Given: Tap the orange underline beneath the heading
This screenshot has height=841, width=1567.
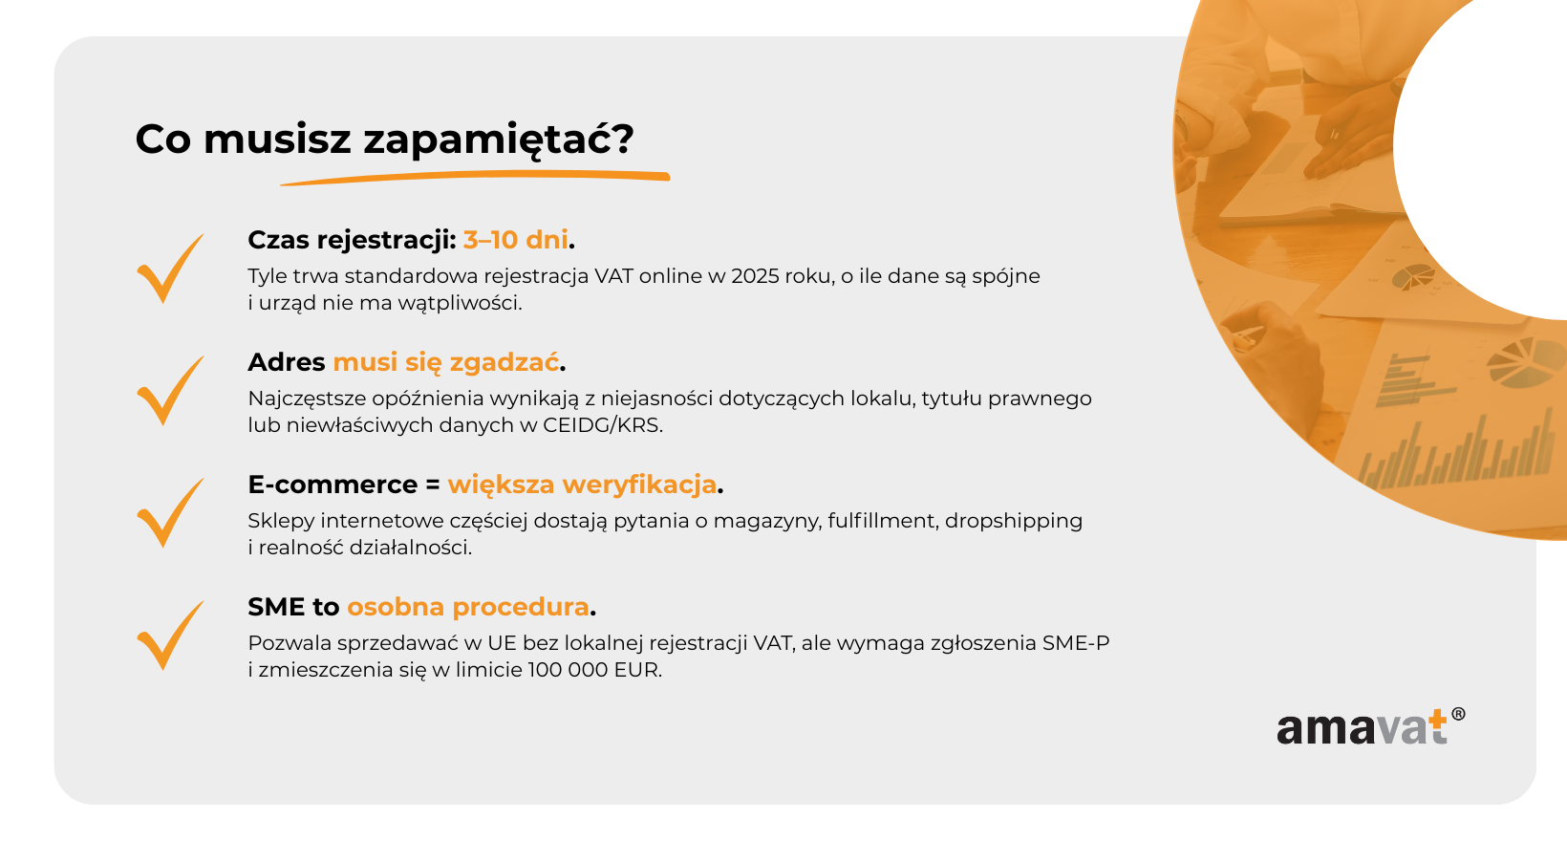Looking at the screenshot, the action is click(x=476, y=178).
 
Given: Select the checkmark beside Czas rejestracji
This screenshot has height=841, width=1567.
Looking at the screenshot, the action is click(x=170, y=269).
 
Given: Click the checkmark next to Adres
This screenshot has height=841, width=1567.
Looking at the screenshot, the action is click(x=170, y=391).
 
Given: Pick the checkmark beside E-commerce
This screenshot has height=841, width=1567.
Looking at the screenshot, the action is click(x=170, y=513).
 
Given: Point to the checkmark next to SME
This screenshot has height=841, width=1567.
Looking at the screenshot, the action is click(x=170, y=636).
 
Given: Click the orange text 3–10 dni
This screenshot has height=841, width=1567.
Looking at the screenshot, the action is click(x=516, y=240).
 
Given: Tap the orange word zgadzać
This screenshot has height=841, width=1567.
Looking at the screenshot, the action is click(x=504, y=362).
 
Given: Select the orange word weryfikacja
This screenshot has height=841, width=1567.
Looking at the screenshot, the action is click(x=639, y=485).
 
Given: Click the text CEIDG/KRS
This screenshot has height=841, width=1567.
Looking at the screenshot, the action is click(x=602, y=425).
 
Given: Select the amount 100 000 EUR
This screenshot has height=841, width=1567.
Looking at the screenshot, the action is click(x=594, y=670).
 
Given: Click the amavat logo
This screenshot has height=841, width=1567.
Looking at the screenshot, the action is click(x=1370, y=727).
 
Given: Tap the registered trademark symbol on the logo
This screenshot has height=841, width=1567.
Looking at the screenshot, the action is click(x=1458, y=714).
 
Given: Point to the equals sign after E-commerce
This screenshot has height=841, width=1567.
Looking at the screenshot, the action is click(x=432, y=485).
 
